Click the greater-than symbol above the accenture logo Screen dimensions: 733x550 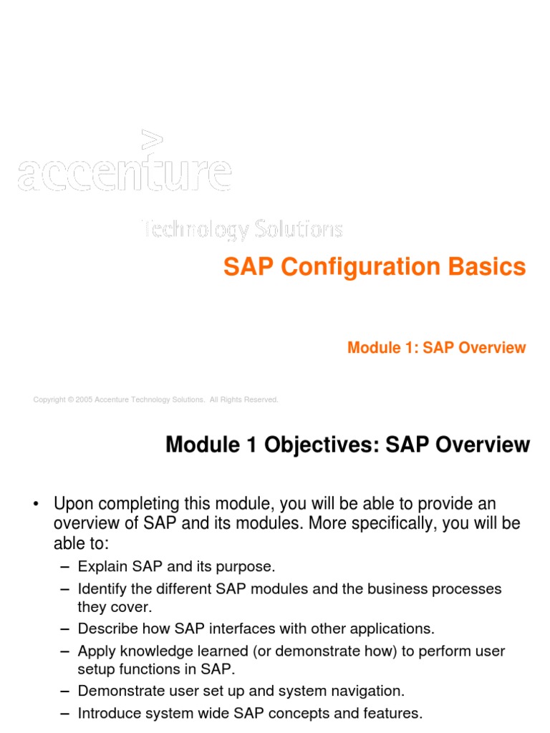[x=153, y=140]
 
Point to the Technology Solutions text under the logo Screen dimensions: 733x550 [x=241, y=229]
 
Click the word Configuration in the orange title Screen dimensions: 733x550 [x=349, y=267]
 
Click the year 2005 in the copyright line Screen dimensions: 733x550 [x=84, y=399]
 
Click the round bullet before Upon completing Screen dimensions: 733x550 [x=35, y=505]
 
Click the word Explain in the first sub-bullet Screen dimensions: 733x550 [x=102, y=567]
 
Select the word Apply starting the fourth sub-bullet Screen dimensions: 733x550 [x=96, y=651]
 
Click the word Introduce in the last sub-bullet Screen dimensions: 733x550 [x=108, y=713]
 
